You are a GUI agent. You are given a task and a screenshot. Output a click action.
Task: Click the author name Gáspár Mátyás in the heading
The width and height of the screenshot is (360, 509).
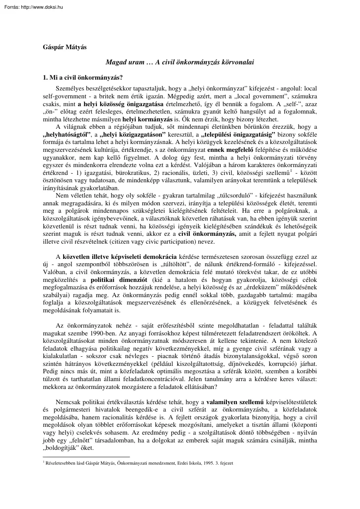(x=64, y=47)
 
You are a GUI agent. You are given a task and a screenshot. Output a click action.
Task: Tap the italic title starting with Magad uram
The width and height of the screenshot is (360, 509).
(x=180, y=62)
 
